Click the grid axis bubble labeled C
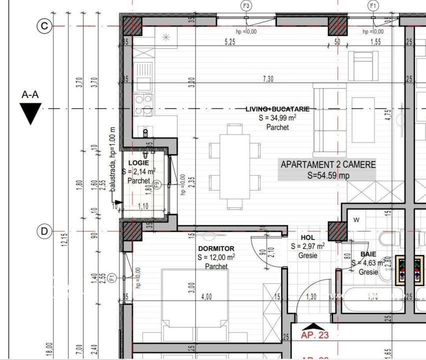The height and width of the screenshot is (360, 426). click(x=44, y=26)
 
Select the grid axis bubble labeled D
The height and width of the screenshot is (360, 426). click(x=44, y=231)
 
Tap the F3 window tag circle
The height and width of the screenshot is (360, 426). click(x=246, y=5)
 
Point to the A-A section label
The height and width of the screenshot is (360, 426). click(x=30, y=94)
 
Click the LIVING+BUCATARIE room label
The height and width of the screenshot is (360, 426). click(x=277, y=109)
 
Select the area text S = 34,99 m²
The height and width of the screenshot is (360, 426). click(x=277, y=118)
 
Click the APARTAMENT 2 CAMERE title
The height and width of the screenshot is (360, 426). click(x=328, y=164)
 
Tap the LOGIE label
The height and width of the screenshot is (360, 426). click(x=138, y=163)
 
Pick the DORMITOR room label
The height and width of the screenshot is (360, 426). click(x=216, y=248)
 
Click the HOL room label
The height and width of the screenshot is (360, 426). click(x=307, y=238)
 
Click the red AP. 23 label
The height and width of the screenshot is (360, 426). click(x=315, y=335)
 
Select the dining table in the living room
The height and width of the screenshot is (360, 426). click(x=235, y=166)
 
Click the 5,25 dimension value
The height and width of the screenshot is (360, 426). click(x=230, y=42)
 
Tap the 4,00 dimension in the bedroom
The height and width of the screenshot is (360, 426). click(x=206, y=296)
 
